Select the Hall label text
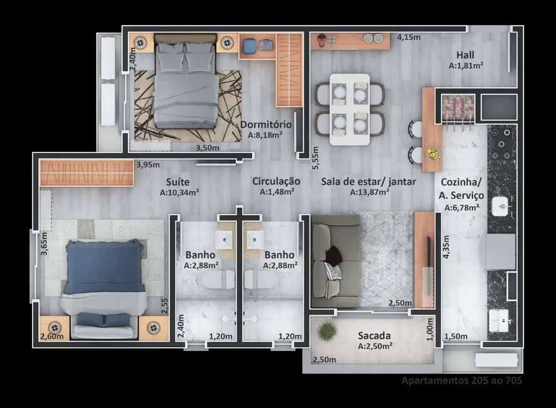[465, 54]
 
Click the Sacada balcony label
[375, 335]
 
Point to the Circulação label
[276, 181]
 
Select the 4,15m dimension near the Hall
[408, 37]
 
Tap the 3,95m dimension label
[147, 165]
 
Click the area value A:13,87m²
[369, 193]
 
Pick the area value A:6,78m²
[461, 208]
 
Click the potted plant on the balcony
[327, 330]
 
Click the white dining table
[350, 109]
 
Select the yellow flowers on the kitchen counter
[432, 153]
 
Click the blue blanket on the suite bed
[104, 269]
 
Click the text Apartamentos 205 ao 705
[461, 380]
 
